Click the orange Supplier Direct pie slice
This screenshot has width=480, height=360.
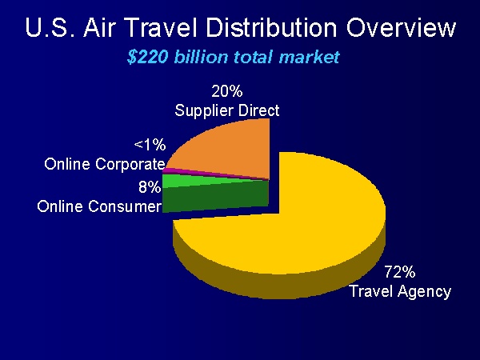(233, 147)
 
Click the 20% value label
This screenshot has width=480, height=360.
(227, 91)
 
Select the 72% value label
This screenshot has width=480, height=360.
(400, 271)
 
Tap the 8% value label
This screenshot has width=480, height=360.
(150, 186)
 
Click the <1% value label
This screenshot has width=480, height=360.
(150, 145)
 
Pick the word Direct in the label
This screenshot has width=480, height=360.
(259, 110)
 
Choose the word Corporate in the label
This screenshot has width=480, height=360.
(130, 164)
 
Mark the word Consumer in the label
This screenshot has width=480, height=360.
(125, 206)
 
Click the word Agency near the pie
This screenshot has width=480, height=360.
(426, 292)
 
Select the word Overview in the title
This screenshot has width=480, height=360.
(401, 27)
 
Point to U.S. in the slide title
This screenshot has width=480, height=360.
(50, 27)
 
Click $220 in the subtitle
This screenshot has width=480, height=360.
(147, 58)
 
